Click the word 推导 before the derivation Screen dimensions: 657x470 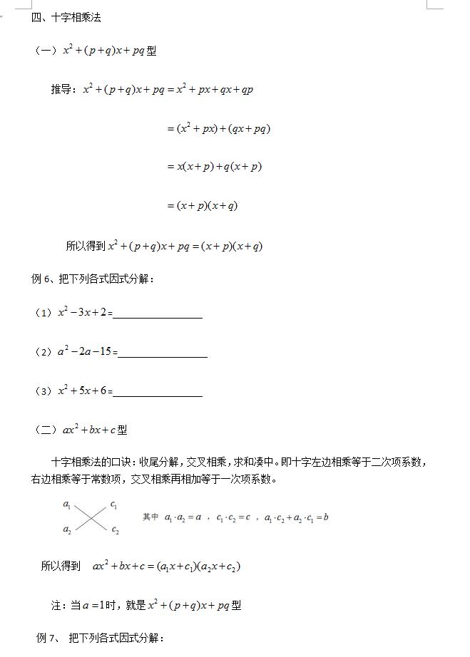point(62,90)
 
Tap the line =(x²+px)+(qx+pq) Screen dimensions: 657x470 point(218,129)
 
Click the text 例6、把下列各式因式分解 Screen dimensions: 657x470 point(93,279)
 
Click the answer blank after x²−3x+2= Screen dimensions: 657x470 point(158,314)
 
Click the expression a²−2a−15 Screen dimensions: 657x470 point(84,351)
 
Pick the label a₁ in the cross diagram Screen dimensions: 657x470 point(67,505)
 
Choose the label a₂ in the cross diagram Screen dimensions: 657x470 point(67,529)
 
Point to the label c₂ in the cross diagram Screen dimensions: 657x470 point(115,530)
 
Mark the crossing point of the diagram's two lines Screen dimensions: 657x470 point(91,518)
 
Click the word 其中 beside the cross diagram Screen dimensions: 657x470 point(150,517)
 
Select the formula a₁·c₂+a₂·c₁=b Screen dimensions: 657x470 point(296,517)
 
